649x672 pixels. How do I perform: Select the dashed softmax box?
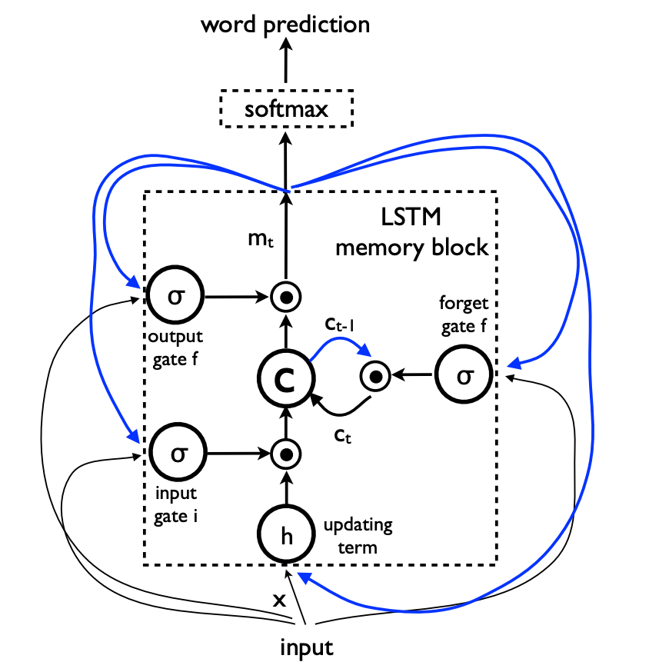tap(286, 108)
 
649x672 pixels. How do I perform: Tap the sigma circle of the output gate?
tap(176, 294)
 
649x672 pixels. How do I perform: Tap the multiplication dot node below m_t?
tap(285, 295)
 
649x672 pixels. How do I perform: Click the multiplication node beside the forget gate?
tap(375, 376)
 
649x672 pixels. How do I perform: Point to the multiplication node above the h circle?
tap(285, 454)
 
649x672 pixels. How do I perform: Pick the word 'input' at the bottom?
tap(306, 647)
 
